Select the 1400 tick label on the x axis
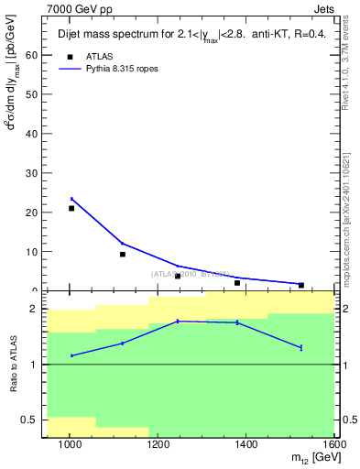[x=247, y=444]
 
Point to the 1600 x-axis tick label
[x=333, y=444]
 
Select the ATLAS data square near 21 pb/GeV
[x=71, y=208]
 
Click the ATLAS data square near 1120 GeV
[x=123, y=254]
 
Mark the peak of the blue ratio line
[x=178, y=321]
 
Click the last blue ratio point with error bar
[x=300, y=347]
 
